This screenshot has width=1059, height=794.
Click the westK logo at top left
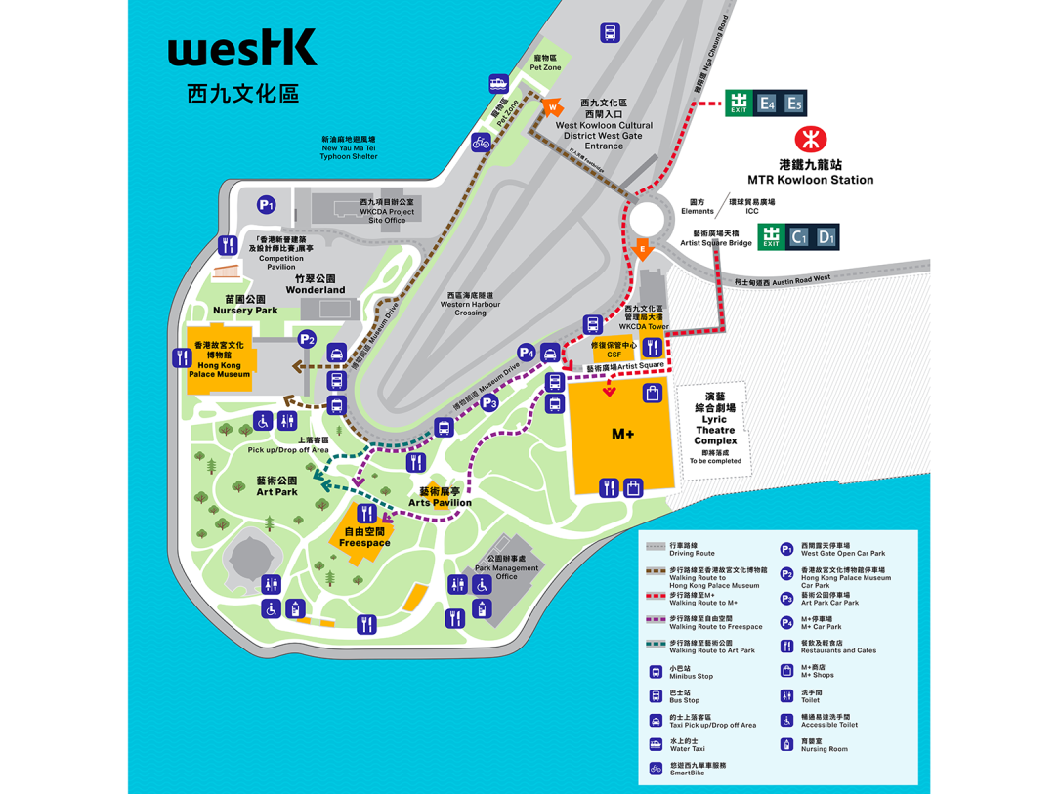241,48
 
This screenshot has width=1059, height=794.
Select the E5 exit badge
793,104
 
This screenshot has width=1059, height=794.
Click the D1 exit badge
826,236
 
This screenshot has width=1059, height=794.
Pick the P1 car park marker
266,205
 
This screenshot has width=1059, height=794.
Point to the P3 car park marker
488,401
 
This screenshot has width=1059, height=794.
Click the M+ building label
622,435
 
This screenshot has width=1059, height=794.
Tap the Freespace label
364,538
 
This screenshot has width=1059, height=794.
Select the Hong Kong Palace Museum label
222,359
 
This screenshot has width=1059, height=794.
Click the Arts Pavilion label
440,497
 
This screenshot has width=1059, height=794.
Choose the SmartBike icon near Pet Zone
480,143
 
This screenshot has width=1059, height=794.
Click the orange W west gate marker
553,106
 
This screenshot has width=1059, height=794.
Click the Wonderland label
316,284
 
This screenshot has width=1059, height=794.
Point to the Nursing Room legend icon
786,744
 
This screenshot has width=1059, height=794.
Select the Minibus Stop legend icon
656,672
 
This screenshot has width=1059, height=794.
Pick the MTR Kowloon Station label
810,173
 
